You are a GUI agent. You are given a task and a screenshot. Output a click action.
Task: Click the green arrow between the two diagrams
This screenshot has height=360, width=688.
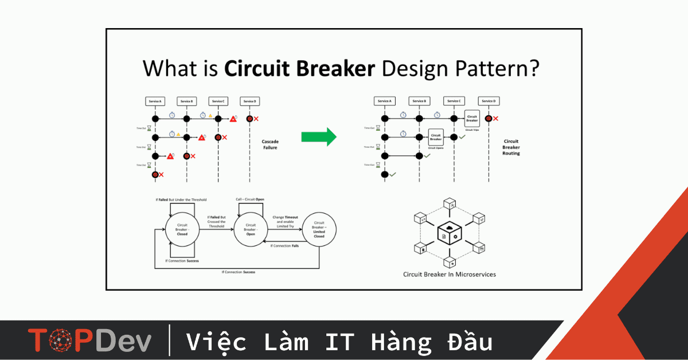coord(318,136)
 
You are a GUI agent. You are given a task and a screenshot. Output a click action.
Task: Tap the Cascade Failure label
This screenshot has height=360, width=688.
coord(269,144)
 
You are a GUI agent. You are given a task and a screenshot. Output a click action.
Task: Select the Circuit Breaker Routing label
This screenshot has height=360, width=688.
coord(511,147)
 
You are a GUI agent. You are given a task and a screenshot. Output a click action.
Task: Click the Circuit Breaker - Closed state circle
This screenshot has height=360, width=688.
coord(182,229)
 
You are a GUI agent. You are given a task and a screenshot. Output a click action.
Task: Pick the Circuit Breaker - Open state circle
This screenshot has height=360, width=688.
coord(251,229)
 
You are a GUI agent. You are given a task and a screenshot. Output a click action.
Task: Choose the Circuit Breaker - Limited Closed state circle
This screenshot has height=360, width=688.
coord(319,229)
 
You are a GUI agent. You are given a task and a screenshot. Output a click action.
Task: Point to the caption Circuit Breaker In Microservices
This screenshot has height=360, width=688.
coord(449,275)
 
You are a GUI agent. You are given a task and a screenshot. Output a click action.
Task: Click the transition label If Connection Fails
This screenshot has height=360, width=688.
coord(285,245)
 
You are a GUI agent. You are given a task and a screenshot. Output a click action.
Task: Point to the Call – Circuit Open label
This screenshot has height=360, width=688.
coord(250,200)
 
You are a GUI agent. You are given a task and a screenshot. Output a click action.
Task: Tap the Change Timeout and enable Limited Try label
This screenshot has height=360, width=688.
coord(285,221)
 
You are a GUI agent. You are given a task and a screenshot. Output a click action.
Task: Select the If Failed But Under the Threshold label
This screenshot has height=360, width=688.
coord(181,199)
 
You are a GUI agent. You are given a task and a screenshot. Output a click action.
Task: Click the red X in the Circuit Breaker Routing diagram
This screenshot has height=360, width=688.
coord(495,119)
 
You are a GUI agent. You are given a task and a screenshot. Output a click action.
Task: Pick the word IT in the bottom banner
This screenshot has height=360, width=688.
coord(338,342)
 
